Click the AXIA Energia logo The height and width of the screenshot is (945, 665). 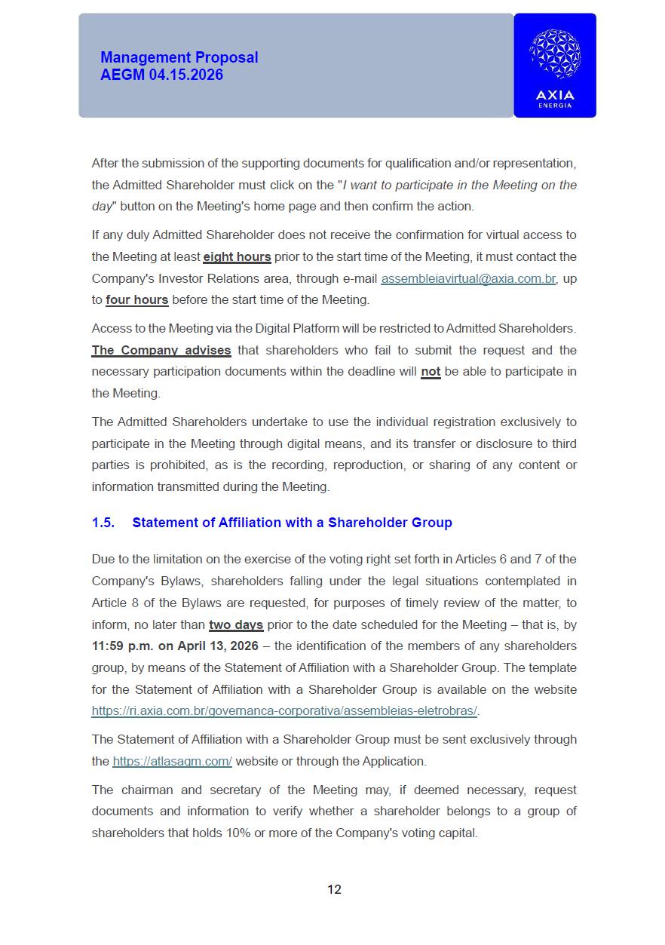(554, 66)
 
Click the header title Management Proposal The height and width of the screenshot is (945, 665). (179, 57)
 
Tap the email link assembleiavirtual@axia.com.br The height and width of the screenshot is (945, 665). (468, 278)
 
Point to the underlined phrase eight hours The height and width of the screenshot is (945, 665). (237, 256)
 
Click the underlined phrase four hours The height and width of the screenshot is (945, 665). (136, 299)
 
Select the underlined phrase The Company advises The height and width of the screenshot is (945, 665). (161, 350)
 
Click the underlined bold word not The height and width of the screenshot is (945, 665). (431, 371)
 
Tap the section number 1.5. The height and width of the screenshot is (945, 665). (103, 523)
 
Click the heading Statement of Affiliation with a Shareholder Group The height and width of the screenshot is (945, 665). (292, 523)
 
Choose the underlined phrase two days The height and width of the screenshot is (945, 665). (236, 624)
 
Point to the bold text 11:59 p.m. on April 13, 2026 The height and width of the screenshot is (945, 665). (175, 646)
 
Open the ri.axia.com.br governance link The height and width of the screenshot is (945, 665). (285, 710)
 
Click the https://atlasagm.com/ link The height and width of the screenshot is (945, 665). (172, 761)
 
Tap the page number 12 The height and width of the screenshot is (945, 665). (334, 889)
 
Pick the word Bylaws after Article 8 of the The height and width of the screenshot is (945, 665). (199, 603)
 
